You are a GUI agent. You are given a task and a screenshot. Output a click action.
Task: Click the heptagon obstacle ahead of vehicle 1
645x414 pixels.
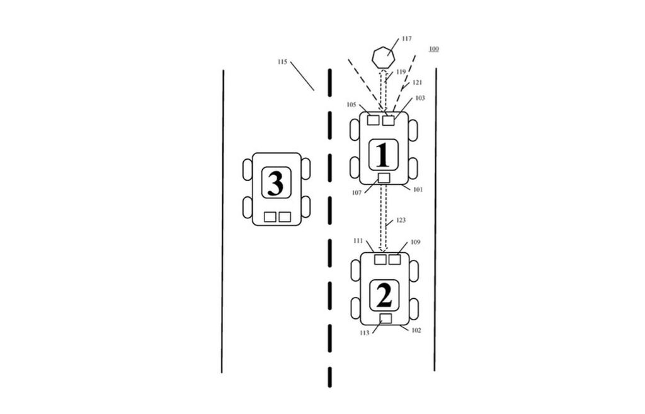pyautogui.click(x=384, y=57)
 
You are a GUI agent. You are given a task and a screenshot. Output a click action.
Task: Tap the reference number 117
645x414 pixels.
pyautogui.click(x=406, y=38)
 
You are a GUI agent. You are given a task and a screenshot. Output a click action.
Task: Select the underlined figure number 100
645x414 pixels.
pyautogui.click(x=433, y=49)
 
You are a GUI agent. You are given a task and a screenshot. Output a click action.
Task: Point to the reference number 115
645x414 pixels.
pyautogui.click(x=282, y=62)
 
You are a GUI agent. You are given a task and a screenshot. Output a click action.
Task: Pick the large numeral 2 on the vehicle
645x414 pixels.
pyautogui.click(x=384, y=295)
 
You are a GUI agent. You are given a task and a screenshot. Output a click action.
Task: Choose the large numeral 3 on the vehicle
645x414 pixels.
pyautogui.click(x=276, y=183)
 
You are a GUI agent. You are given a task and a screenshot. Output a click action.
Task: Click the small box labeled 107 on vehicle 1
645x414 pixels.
pyautogui.click(x=384, y=178)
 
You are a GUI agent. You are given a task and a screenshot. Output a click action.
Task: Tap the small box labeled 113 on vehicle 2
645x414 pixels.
pyautogui.click(x=385, y=318)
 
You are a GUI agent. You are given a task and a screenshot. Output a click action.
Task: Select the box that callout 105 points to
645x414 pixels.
pyautogui.click(x=373, y=120)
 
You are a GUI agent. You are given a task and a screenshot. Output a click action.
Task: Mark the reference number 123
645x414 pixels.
pyautogui.click(x=401, y=220)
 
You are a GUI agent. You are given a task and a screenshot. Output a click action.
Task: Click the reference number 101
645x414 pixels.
pyautogui.click(x=418, y=190)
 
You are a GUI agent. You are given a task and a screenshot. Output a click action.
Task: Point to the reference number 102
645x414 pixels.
pyautogui.click(x=416, y=330)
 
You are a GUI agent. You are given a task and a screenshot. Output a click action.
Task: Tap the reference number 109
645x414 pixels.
pyautogui.click(x=416, y=242)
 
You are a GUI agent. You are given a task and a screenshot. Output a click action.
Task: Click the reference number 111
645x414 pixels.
pyautogui.click(x=358, y=241)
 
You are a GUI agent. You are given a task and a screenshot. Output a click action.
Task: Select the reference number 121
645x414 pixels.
pyautogui.click(x=417, y=82)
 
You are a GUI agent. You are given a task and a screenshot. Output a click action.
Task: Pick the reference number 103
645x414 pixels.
pyautogui.click(x=420, y=98)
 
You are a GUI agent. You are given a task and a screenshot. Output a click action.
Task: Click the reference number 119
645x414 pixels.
pyautogui.click(x=401, y=72)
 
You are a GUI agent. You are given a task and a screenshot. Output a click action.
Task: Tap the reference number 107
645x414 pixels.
pyautogui.click(x=357, y=193)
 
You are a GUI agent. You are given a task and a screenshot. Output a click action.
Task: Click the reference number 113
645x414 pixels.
pyautogui.click(x=365, y=333)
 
